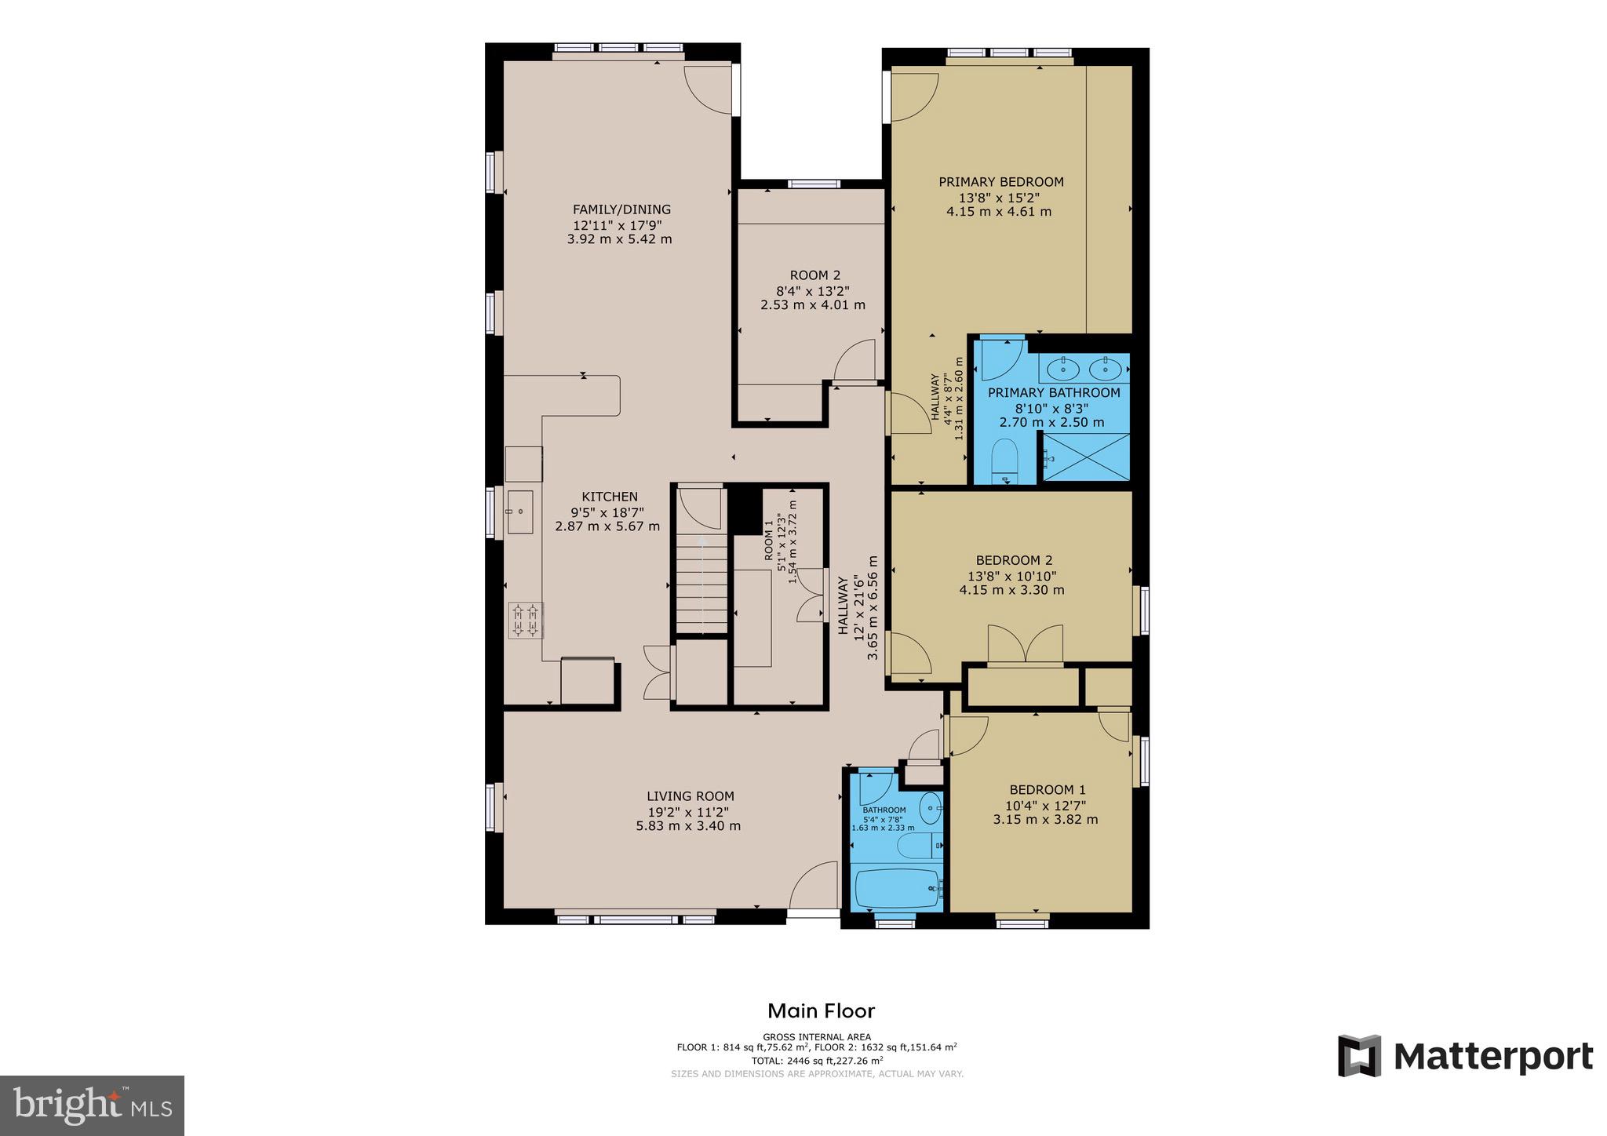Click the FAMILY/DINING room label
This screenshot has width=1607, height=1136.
(621, 209)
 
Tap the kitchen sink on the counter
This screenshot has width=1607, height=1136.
(519, 511)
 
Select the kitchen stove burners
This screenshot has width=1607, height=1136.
(526, 620)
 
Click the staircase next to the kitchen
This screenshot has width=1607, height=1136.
(701, 584)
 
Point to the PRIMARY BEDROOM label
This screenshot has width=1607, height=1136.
(1000, 182)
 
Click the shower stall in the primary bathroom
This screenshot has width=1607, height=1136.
(1085, 457)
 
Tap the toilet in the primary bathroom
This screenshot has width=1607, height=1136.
(1004, 458)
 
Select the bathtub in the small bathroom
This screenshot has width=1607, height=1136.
(898, 888)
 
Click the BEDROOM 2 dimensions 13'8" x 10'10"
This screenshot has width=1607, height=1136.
(1011, 575)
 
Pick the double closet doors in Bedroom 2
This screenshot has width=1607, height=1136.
(1025, 645)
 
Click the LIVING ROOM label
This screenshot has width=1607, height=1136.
(690, 796)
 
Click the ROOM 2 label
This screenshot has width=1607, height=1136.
(814, 275)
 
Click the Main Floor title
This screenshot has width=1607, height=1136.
(820, 1010)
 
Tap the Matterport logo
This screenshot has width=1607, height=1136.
(1464, 1056)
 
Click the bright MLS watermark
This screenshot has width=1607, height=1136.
(93, 1105)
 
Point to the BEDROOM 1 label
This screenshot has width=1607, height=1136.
(1047, 790)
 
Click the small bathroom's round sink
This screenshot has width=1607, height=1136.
(931, 806)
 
